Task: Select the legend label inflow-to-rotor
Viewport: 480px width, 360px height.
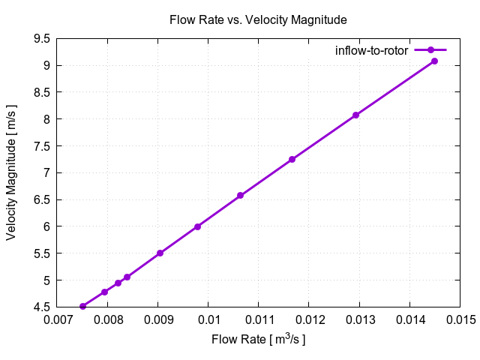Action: pos(371,50)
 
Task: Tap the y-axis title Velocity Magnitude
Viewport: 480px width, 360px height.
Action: pos(11,172)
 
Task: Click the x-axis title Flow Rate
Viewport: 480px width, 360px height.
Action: pos(259,340)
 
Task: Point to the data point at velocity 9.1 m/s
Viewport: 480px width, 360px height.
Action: pos(434,61)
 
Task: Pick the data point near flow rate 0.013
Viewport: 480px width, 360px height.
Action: pos(355,115)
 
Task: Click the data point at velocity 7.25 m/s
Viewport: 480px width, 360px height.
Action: pos(292,159)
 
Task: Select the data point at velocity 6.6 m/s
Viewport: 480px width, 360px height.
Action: pos(240,196)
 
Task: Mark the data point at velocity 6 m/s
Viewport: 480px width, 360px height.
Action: pos(197,226)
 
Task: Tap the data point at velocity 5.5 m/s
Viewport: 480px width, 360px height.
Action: pos(160,253)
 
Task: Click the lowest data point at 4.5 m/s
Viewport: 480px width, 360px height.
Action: pos(82,306)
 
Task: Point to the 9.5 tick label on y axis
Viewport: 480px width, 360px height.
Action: pos(43,39)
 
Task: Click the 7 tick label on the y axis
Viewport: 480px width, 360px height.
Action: pos(47,173)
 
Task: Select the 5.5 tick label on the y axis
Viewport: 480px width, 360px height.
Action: pos(43,253)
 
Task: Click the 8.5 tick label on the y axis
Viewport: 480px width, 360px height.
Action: pos(43,92)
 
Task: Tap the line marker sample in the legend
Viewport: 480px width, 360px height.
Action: pos(430,50)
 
